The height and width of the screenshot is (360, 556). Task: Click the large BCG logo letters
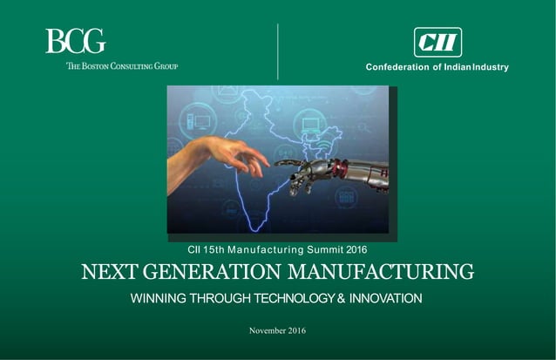tap(75, 42)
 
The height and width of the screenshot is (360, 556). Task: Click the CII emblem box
tap(437, 42)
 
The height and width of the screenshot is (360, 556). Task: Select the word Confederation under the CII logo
tap(397, 67)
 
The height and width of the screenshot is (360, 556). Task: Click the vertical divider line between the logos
tap(277, 52)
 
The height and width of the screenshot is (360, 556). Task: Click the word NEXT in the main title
tap(106, 271)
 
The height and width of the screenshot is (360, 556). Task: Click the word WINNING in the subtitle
tap(159, 299)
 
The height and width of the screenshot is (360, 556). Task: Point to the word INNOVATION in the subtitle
tap(387, 299)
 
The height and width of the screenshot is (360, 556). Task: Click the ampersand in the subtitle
tap(343, 299)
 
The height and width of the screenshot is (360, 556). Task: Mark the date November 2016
tap(277, 330)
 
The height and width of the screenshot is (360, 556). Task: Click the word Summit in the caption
tap(312, 250)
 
